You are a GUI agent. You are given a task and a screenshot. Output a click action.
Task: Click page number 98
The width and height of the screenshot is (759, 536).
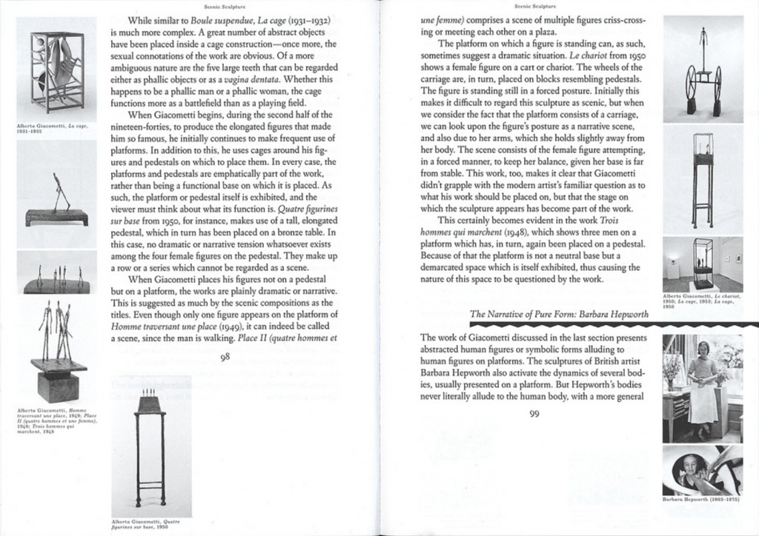(225, 361)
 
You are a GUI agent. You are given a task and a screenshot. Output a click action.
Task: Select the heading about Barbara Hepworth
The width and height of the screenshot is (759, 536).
(560, 314)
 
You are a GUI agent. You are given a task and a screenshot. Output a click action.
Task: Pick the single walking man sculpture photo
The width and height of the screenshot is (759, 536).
(57, 195)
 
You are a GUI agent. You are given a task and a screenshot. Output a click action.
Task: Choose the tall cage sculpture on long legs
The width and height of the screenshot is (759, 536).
(702, 178)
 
